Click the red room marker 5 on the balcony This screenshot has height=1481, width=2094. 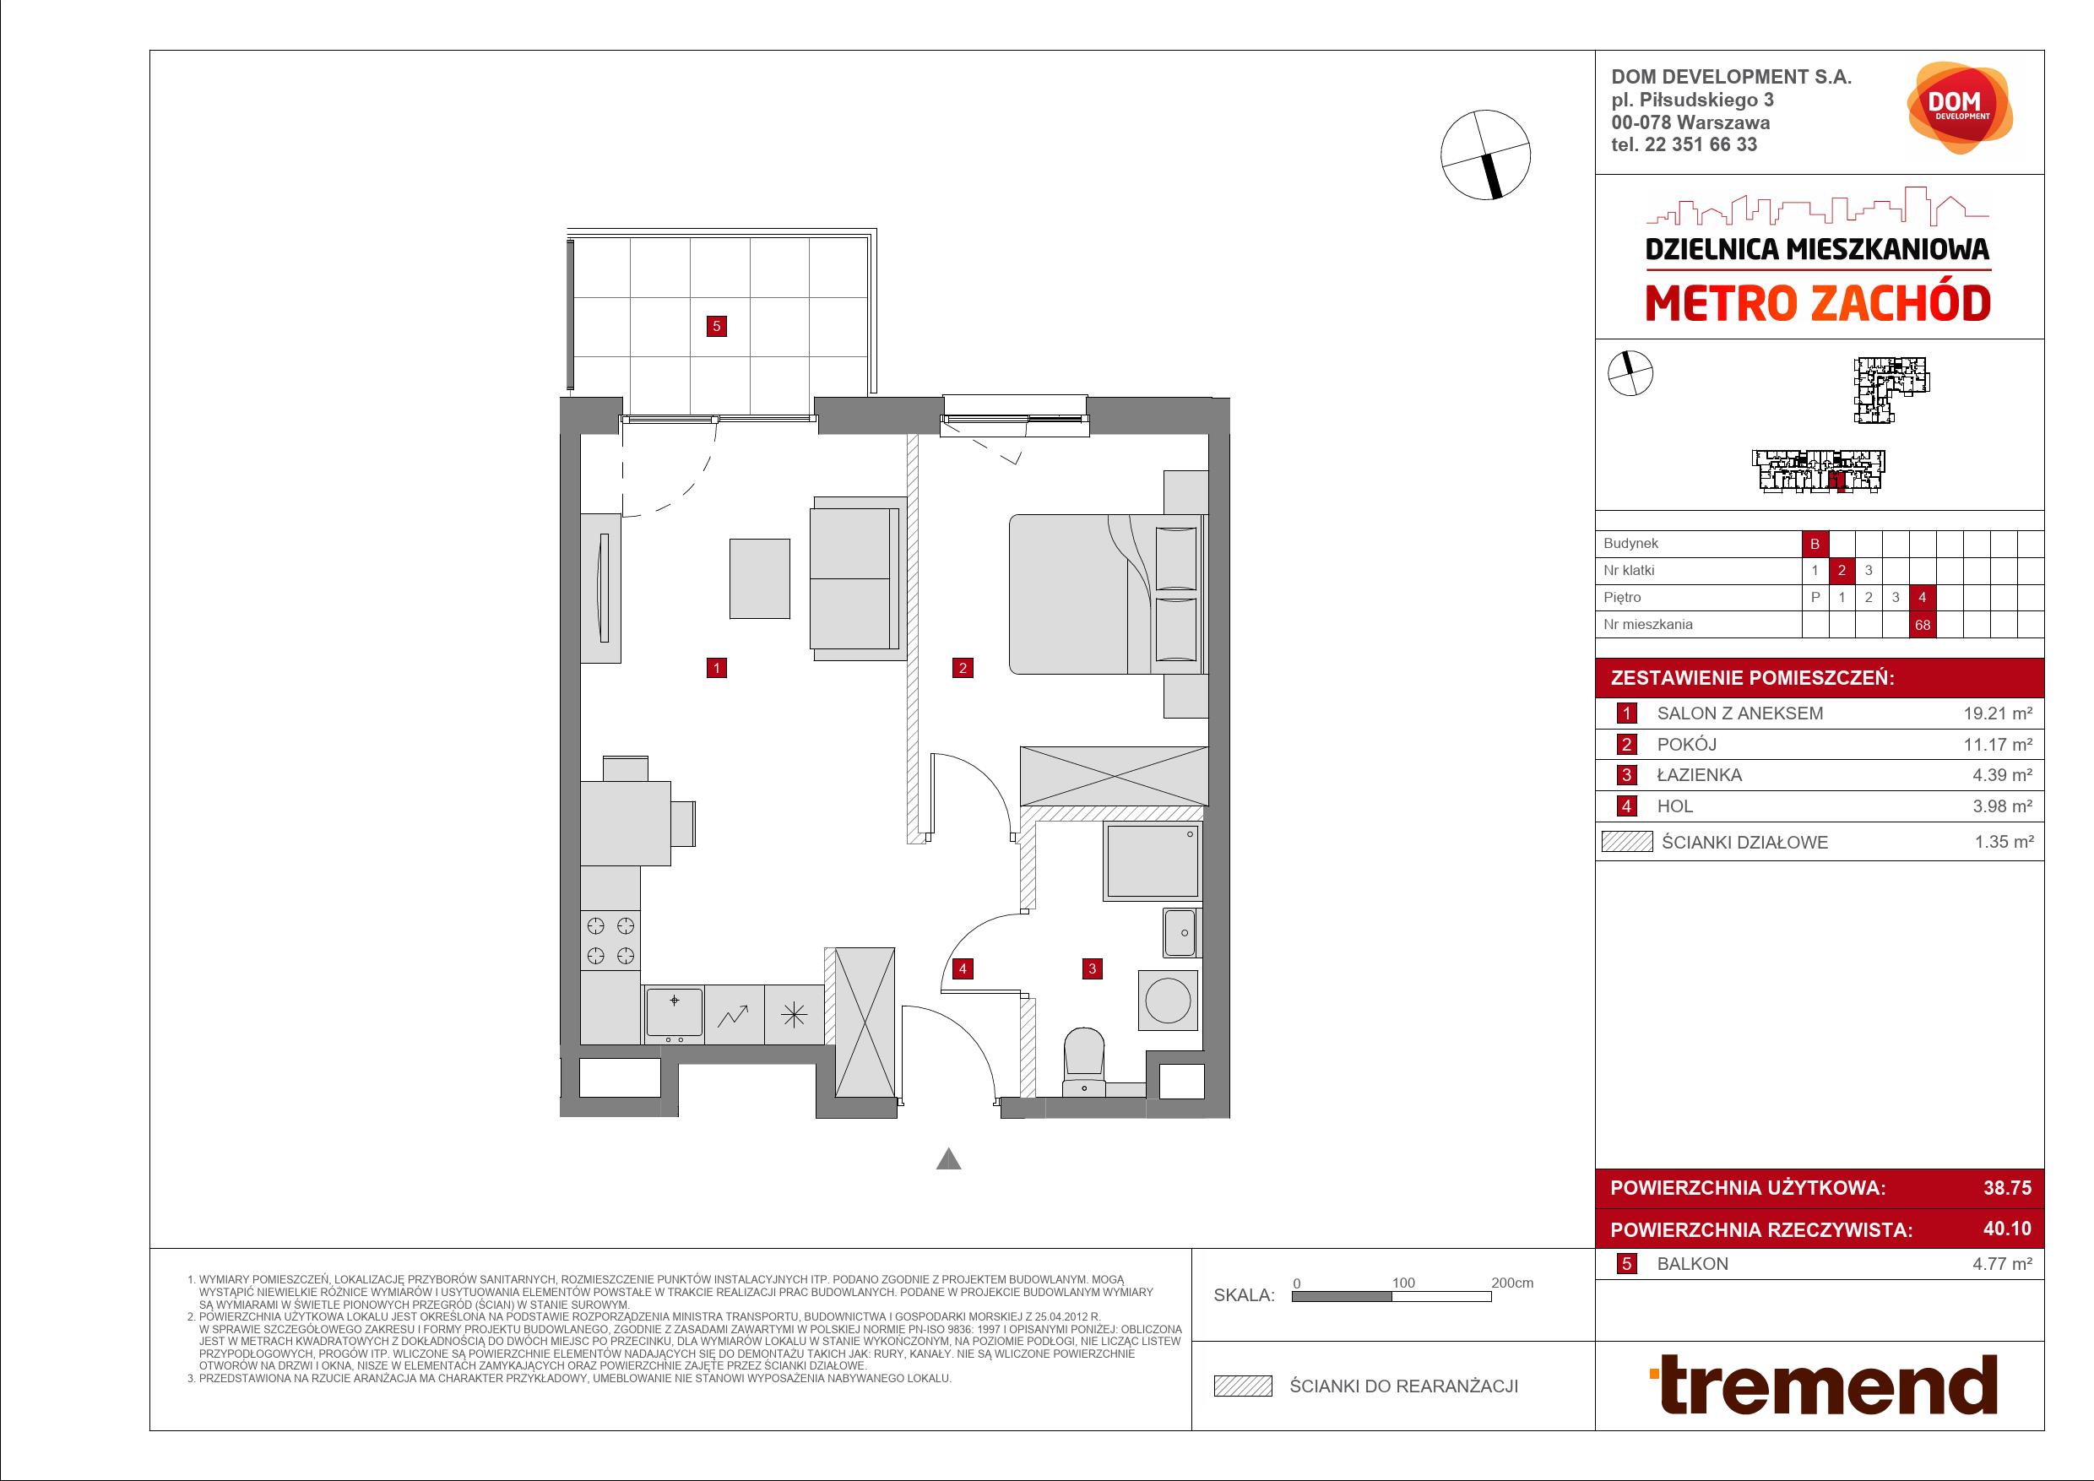pyautogui.click(x=717, y=326)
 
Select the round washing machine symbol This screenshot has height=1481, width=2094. pyautogui.click(x=1169, y=1001)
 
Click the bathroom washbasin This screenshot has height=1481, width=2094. pyautogui.click(x=1181, y=932)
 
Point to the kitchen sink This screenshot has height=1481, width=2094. pyautogui.click(x=674, y=1013)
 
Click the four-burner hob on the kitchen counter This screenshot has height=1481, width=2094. pyautogui.click(x=610, y=941)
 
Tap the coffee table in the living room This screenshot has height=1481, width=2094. pyautogui.click(x=759, y=578)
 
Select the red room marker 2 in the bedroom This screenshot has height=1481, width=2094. pyautogui.click(x=963, y=668)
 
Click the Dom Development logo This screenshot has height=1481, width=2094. pyautogui.click(x=1960, y=107)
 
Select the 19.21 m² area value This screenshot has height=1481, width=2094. pyautogui.click(x=1998, y=713)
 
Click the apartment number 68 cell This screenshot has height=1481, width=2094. pyautogui.click(x=1923, y=625)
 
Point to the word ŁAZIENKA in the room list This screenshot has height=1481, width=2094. pyautogui.click(x=1699, y=775)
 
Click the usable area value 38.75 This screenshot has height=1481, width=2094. pyautogui.click(x=2007, y=1187)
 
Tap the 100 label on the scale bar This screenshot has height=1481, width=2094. pyautogui.click(x=1402, y=1283)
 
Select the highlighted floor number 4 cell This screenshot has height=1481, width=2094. pyautogui.click(x=1923, y=597)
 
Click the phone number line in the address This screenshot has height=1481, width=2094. pyautogui.click(x=1684, y=144)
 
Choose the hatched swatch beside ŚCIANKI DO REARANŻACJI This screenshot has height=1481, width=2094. pyautogui.click(x=1242, y=1386)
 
